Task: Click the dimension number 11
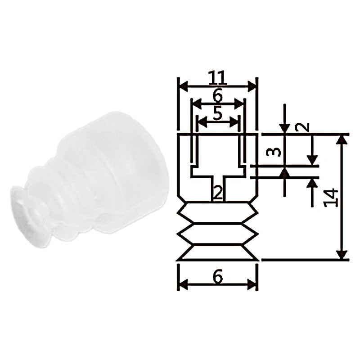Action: click(x=217, y=77)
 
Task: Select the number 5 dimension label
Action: click(x=217, y=113)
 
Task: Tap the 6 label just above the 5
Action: click(x=217, y=95)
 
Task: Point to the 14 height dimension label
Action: click(x=331, y=198)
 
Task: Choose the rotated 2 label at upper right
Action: click(x=302, y=127)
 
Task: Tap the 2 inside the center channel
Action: click(x=218, y=193)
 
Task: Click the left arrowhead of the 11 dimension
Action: click(x=184, y=86)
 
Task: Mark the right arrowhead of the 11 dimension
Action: click(x=252, y=86)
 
